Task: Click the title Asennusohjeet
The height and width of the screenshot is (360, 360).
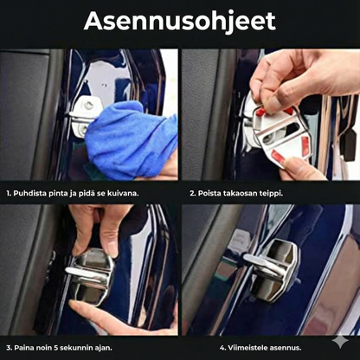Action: [x=180, y=22]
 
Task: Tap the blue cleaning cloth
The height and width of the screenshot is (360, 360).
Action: [x=132, y=138]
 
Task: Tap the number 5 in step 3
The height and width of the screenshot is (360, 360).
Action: [x=56, y=348]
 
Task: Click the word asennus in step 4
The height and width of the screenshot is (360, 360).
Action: [x=286, y=348]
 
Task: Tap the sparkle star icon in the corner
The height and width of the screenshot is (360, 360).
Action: [x=340, y=341]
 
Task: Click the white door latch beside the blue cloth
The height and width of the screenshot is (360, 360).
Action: [x=86, y=115]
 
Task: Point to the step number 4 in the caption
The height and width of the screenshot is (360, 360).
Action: [x=222, y=348]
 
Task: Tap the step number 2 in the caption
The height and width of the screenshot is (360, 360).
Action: [x=192, y=194]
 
